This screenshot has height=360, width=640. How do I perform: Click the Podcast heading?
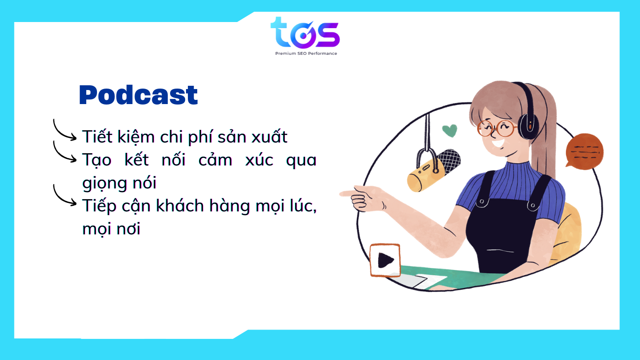point(138,95)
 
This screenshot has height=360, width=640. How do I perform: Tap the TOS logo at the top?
point(305,33)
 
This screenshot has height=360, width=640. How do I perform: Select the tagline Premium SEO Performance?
point(306,53)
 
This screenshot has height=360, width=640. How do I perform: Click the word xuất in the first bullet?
point(269,136)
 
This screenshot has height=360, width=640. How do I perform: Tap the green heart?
point(450,131)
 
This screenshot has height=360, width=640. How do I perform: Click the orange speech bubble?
point(584,151)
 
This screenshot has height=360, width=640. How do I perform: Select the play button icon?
point(385,261)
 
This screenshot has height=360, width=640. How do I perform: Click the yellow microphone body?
point(425,176)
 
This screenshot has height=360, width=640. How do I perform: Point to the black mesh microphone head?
point(449,160)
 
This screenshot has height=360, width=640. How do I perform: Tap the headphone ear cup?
point(528,126)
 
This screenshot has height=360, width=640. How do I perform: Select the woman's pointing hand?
point(364,198)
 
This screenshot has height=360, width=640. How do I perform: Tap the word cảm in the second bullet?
point(215,159)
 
